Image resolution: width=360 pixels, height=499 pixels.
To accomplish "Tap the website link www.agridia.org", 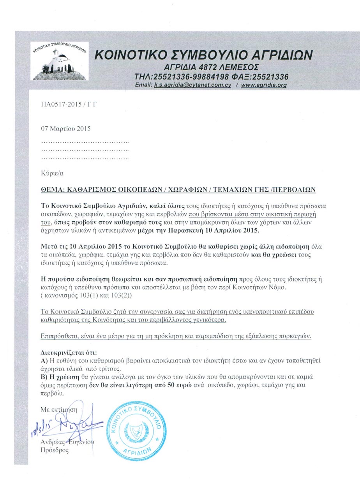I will (x=264, y=85).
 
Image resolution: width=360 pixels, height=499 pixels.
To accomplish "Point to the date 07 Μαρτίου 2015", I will (x=65, y=128).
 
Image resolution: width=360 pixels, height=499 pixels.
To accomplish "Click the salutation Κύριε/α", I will (x=52, y=172).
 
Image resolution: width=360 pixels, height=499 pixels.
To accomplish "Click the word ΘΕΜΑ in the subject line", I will (x=53, y=190).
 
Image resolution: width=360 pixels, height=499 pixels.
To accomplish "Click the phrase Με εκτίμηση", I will (x=59, y=409).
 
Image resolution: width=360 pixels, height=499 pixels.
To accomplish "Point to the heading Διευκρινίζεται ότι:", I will (x=65, y=352).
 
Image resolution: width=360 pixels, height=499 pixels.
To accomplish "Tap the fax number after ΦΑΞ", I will (x=268, y=76).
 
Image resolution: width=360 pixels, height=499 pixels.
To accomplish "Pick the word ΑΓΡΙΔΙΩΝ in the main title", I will (x=272, y=54).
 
